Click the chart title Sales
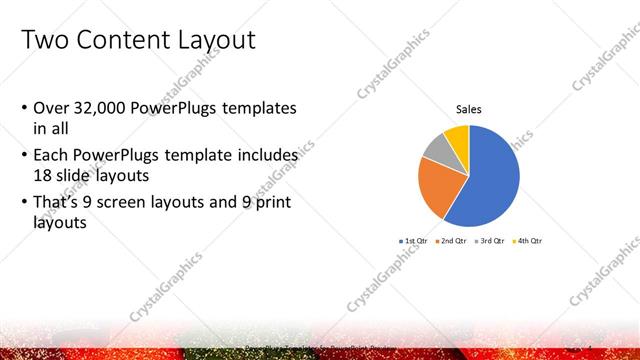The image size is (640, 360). pyautogui.click(x=469, y=109)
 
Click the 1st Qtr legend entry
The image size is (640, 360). pyautogui.click(x=413, y=241)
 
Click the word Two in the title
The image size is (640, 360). pyautogui.click(x=44, y=41)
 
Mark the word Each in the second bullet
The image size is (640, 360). pyautogui.click(x=52, y=156)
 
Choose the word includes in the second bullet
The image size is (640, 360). pyautogui.click(x=269, y=156)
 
